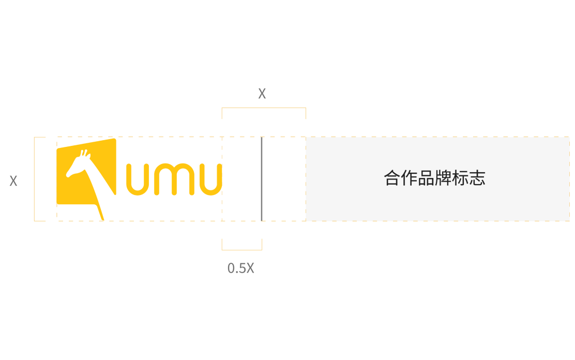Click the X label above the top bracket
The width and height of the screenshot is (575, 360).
(262, 94)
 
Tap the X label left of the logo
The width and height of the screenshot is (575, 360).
(13, 181)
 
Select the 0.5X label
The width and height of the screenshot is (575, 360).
(241, 268)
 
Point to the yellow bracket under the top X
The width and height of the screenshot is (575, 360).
(264, 109)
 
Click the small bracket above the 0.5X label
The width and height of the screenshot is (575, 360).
(242, 249)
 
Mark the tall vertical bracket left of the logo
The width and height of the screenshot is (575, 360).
(35, 179)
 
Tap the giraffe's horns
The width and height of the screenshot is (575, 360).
(84, 154)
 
